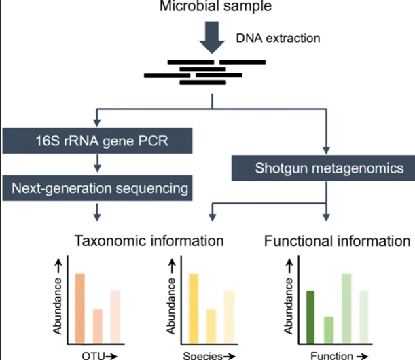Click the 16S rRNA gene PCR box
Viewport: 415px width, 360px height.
coord(97,141)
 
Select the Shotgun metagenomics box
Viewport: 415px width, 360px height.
coord(323,168)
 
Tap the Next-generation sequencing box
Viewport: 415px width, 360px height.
coord(97,188)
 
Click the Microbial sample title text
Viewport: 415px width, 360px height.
coord(215,6)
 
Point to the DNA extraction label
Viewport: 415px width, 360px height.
coord(278,39)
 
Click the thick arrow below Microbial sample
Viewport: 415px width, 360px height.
coord(212,37)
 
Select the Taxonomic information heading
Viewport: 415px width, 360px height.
coord(149,241)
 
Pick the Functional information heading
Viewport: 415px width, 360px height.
coord(337,241)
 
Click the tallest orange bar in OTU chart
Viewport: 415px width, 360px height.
coord(80,308)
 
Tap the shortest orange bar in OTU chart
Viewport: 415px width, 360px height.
coord(97,327)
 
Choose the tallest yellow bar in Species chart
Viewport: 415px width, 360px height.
coord(194,308)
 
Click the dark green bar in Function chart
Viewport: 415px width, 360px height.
coord(310,317)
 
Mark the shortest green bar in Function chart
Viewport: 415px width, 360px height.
coord(329,330)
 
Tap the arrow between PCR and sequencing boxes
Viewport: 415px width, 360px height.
coord(97,164)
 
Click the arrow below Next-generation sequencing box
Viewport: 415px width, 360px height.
coord(97,213)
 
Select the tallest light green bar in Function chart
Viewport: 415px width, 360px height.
coord(346,308)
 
